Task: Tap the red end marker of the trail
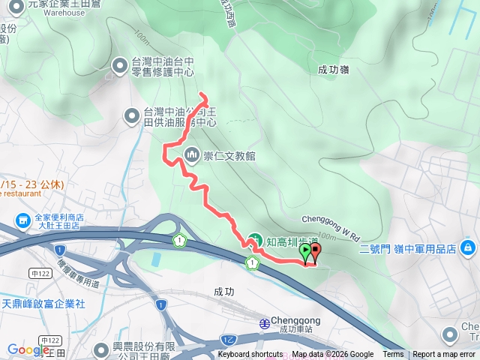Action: click(315, 251)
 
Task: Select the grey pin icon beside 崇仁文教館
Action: click(190, 155)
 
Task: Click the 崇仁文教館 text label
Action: click(229, 156)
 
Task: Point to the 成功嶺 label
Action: click(334, 70)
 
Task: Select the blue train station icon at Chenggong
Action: click(264, 322)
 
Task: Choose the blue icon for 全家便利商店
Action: click(20, 220)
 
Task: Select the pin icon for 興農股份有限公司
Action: click(101, 350)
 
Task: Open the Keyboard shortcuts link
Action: click(250, 355)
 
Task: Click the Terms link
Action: click(393, 355)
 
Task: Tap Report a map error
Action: click(445, 355)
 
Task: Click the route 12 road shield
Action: click(226, 339)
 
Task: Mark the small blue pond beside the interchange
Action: click(155, 259)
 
